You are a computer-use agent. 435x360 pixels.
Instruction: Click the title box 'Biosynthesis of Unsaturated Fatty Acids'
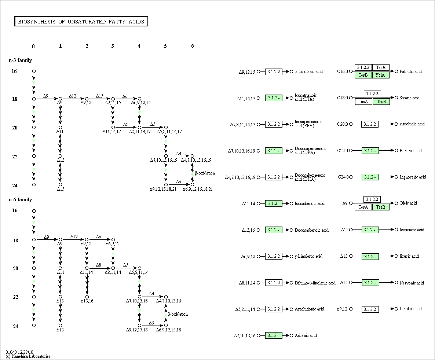coord(81,21)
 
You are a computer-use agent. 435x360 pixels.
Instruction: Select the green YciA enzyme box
coord(381,75)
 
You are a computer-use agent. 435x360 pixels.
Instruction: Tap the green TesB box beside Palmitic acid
coord(363,75)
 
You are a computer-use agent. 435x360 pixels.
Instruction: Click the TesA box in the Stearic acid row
coord(363,102)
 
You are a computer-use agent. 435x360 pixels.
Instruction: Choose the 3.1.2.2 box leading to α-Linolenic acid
coord(274,71)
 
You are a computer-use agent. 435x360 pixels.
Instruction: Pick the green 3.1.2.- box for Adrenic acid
coord(274,335)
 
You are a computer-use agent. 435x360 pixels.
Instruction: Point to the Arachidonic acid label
coord(309,309)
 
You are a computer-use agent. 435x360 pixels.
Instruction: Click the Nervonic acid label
coord(412,283)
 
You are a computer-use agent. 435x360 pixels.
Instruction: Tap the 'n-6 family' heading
coord(20,199)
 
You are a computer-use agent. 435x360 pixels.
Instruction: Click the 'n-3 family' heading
coord(20,60)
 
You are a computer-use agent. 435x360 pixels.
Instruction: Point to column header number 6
coord(193,46)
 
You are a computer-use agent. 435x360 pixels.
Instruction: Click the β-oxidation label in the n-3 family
coord(205,173)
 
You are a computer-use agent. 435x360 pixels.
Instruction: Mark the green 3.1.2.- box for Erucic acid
coord(370,257)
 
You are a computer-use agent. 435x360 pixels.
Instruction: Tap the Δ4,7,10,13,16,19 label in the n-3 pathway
coord(196,160)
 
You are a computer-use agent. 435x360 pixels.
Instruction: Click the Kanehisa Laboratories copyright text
coord(28,356)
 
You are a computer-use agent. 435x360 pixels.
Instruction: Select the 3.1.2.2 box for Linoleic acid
coord(370,309)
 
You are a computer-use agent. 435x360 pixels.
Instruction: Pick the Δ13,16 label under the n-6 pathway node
coord(87,301)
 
